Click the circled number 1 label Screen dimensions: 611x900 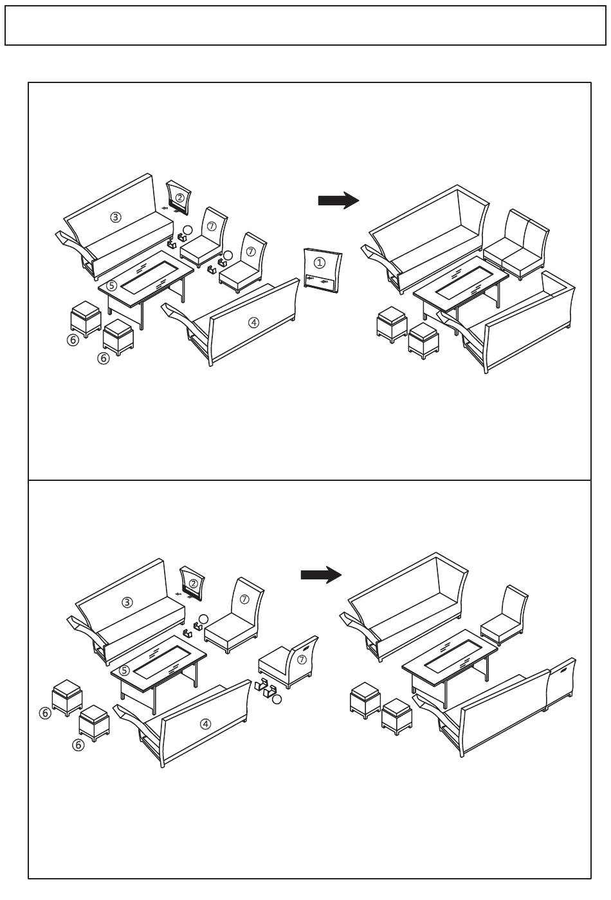point(319,263)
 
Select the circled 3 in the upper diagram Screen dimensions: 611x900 point(115,218)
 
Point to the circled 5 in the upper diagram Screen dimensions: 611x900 point(112,286)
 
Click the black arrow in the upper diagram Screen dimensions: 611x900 point(338,200)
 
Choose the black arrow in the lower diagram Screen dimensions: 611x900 point(321,575)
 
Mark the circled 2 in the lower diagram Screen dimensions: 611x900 point(193,583)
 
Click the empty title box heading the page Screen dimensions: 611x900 point(305,25)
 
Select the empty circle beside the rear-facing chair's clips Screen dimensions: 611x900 point(277,699)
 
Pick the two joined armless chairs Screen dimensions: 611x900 point(516,244)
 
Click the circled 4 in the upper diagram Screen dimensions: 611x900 point(253,323)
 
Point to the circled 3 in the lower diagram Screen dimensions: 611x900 point(127,603)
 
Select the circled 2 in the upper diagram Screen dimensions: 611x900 point(179,198)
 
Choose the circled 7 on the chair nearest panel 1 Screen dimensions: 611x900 point(250,252)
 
